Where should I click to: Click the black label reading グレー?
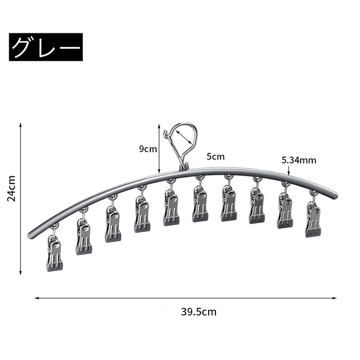click(x=46, y=47)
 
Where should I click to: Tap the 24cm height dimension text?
click(x=12, y=189)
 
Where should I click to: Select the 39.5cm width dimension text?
click(x=198, y=312)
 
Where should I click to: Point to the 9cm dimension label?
click(x=148, y=149)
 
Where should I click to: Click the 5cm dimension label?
click(x=216, y=157)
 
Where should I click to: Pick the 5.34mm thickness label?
click(x=299, y=160)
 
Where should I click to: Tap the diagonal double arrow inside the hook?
click(x=184, y=137)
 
